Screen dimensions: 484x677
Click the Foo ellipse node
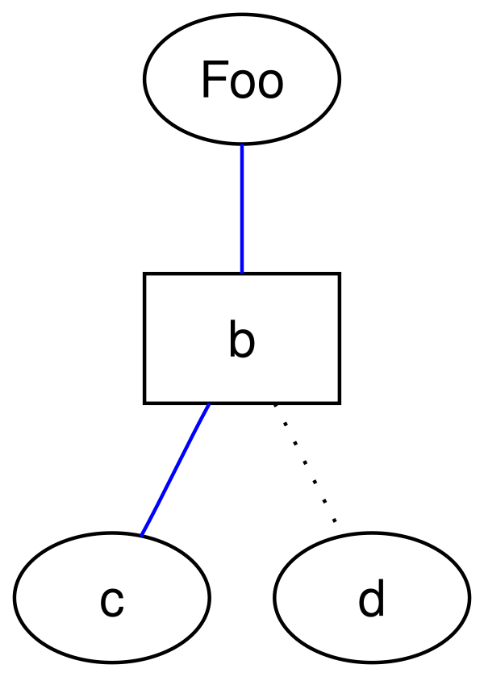(x=242, y=78)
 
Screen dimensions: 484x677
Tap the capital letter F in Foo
(x=215, y=80)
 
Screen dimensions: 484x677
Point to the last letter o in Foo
(x=270, y=85)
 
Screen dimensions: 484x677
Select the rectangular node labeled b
(x=242, y=338)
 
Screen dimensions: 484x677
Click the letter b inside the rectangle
(x=242, y=340)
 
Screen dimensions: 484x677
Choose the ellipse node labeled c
(x=112, y=597)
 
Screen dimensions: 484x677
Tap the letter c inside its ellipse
(x=112, y=602)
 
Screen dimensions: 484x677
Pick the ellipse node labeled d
(x=371, y=597)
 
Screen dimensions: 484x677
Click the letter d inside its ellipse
(x=371, y=598)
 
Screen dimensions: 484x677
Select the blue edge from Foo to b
(x=242, y=208)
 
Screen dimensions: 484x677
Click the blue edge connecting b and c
(x=174, y=470)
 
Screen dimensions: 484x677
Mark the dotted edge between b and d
(x=304, y=463)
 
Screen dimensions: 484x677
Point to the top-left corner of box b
(x=144, y=274)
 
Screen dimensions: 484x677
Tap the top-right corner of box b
(x=340, y=274)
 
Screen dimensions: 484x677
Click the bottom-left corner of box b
(x=144, y=403)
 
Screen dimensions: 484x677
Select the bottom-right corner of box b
(x=340, y=403)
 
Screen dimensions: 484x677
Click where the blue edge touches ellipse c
(x=140, y=536)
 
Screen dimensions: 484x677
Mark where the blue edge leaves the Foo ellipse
(x=242, y=144)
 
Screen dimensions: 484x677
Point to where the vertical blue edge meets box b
(x=242, y=273)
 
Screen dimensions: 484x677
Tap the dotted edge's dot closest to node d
(x=334, y=521)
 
